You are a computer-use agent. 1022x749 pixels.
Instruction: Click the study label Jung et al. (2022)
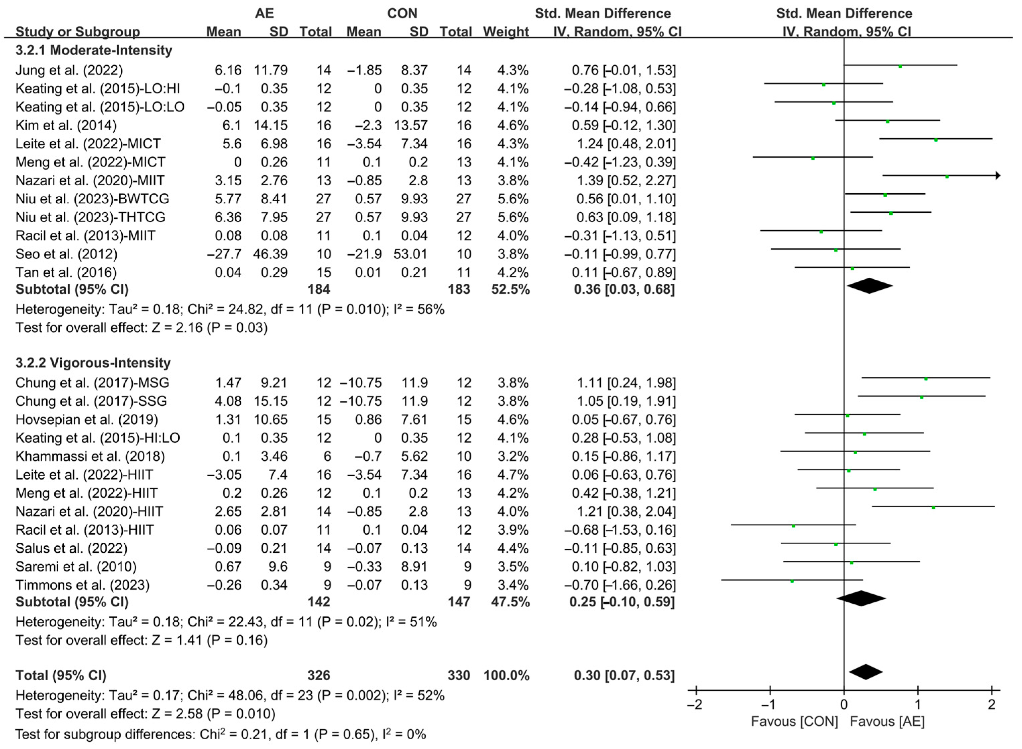pyautogui.click(x=69, y=70)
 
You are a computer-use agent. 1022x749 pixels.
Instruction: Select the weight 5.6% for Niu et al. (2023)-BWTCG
pyautogui.click(x=512, y=199)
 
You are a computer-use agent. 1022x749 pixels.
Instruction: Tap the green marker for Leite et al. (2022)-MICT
pyautogui.click(x=936, y=140)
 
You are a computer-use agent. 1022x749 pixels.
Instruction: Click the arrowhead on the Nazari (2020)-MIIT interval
pyautogui.click(x=998, y=176)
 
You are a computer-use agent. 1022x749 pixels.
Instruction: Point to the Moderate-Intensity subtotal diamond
pyautogui.click(x=869, y=286)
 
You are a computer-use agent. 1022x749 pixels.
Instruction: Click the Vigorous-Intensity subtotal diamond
pyautogui.click(x=861, y=599)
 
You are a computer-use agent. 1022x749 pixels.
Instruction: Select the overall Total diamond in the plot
pyautogui.click(x=865, y=672)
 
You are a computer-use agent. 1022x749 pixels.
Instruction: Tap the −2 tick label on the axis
pyautogui.click(x=695, y=704)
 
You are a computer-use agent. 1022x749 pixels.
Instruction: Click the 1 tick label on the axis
pyautogui.click(x=918, y=704)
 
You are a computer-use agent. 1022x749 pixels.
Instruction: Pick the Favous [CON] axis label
pyautogui.click(x=794, y=721)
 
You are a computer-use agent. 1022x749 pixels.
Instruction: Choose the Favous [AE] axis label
pyautogui.click(x=887, y=721)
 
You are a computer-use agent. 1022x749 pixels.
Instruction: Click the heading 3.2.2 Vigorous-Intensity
pyautogui.click(x=93, y=363)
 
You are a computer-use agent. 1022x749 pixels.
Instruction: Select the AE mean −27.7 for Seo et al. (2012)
pyautogui.click(x=224, y=254)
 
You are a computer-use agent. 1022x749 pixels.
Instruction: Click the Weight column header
pyautogui.click(x=506, y=32)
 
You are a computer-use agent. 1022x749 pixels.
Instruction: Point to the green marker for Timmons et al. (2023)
pyautogui.click(x=792, y=581)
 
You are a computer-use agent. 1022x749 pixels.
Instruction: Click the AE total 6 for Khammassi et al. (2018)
pyautogui.click(x=327, y=456)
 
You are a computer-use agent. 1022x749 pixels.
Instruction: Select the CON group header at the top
pyautogui.click(x=402, y=14)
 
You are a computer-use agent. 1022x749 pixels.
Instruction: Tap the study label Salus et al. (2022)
pyautogui.click(x=71, y=548)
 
